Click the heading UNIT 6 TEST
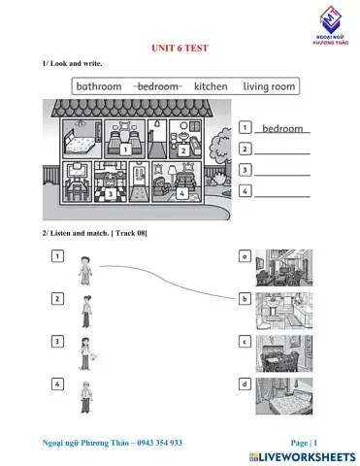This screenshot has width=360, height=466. (180, 49)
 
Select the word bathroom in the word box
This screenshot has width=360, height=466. (99, 86)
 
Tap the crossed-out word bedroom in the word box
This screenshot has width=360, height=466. (157, 86)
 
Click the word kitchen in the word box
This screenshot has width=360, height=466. (211, 86)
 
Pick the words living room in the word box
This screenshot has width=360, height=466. (269, 86)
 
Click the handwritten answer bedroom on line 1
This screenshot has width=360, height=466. (283, 128)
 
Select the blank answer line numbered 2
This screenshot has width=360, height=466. (282, 149)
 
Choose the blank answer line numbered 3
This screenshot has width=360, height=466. (282, 170)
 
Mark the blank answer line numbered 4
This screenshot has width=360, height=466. (282, 191)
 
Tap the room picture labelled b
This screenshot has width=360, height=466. (283, 312)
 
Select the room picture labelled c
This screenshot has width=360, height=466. (283, 354)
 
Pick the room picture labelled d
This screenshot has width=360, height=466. (283, 397)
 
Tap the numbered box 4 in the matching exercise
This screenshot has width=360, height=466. (58, 384)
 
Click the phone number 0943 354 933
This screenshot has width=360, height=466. (154, 442)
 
